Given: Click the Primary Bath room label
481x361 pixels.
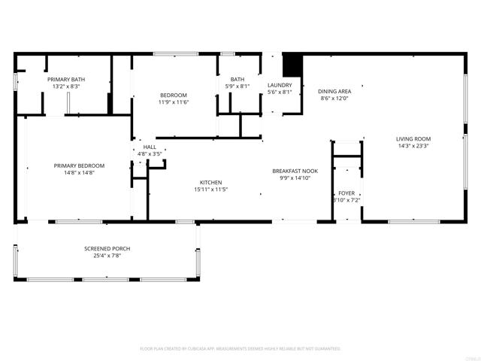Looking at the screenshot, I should pyautogui.click(x=66, y=79).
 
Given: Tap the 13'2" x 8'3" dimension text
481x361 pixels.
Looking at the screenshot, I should pyautogui.click(x=66, y=86).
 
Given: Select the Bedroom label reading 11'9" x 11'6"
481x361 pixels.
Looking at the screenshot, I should pyautogui.click(x=173, y=95).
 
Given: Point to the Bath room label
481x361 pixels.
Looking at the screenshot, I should pyautogui.click(x=237, y=79).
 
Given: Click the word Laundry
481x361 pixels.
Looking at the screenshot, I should pyautogui.click(x=280, y=85).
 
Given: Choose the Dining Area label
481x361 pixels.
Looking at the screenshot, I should pyautogui.click(x=336, y=90).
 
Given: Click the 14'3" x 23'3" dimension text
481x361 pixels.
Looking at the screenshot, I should pyautogui.click(x=413, y=147).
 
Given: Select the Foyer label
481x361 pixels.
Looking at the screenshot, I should pyautogui.click(x=346, y=193).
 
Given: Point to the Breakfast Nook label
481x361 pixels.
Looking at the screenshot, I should pyautogui.click(x=295, y=171).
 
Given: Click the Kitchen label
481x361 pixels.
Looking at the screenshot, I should pyautogui.click(x=210, y=183).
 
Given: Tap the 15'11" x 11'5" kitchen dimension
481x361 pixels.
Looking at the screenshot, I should pyautogui.click(x=210, y=190).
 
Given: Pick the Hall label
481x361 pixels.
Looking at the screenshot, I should pyautogui.click(x=150, y=147).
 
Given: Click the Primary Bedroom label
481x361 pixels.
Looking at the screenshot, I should pyautogui.click(x=79, y=165).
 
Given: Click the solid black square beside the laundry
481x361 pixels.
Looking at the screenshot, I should pyautogui.click(x=292, y=63).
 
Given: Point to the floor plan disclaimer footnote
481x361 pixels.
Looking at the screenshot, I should pyautogui.click(x=240, y=349).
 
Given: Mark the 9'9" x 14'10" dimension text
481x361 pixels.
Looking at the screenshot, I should pyautogui.click(x=295, y=179).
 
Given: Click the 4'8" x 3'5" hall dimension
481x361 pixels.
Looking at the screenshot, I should pyautogui.click(x=150, y=154).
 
